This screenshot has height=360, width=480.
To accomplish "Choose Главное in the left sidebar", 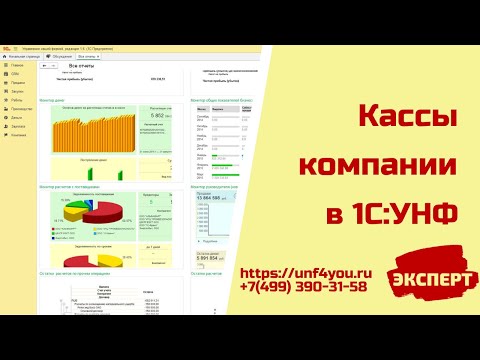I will point(17,64).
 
